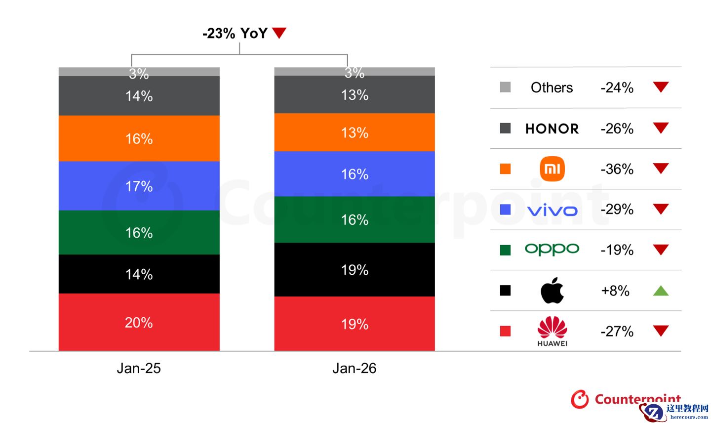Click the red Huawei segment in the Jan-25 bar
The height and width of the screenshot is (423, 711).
pos(139,322)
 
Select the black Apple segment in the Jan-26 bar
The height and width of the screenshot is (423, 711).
pos(354,269)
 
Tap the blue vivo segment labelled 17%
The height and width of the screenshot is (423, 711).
pos(139,186)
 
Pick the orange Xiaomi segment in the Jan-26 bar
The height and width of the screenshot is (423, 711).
pos(354,132)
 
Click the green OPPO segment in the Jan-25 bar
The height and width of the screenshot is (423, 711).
pos(139,232)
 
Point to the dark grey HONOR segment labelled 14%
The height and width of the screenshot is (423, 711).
pos(139,95)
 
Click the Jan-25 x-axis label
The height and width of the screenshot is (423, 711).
pos(139,368)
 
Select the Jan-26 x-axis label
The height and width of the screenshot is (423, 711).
pos(354,368)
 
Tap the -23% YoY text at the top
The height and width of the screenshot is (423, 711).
pos(235,33)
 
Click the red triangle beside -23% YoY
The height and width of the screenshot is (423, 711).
pos(279,33)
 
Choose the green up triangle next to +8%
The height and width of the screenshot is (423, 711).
pos(661,291)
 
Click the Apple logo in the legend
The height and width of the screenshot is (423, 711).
pos(552,290)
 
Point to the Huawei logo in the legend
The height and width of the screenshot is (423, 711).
pos(552,331)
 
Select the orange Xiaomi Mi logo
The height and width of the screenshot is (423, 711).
pos(552,169)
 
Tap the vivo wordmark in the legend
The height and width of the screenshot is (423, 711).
pos(552,210)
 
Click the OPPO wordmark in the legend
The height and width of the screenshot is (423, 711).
pos(552,249)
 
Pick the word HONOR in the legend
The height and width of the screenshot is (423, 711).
pos(552,129)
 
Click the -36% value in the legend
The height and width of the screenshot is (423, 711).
pos(617,169)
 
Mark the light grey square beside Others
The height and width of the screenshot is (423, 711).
pos(505,87)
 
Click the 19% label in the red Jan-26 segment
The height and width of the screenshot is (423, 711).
pos(355,324)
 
